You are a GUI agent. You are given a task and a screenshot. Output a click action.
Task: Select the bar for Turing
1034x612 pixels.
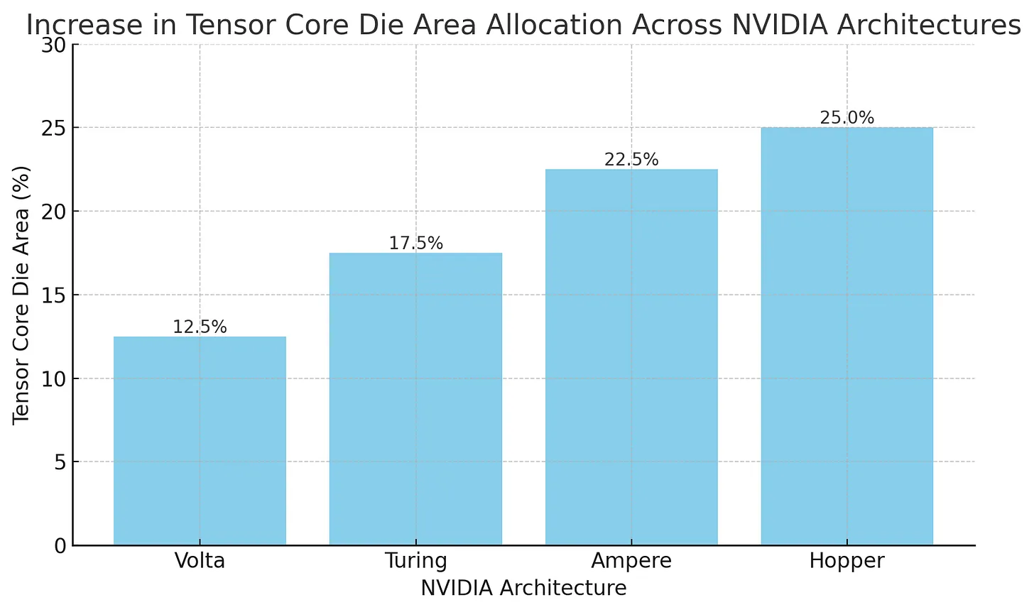[415, 399]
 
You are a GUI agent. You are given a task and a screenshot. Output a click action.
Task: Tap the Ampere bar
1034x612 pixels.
[631, 357]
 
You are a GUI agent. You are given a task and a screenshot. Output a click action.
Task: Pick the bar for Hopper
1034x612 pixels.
[847, 337]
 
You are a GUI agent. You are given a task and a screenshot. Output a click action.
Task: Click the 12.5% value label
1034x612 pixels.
[200, 327]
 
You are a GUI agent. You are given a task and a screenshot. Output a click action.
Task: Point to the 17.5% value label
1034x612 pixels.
[415, 244]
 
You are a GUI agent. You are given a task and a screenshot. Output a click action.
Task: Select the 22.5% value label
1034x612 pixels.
[631, 160]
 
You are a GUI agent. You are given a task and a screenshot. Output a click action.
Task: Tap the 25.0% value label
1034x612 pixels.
[847, 118]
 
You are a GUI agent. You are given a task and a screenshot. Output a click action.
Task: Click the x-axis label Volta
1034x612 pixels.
[200, 561]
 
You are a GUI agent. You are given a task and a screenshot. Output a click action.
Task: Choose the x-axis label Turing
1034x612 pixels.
[415, 561]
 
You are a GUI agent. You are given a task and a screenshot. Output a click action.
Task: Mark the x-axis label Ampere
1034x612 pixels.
[631, 561]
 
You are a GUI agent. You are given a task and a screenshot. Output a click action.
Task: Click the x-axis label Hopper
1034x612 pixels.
[847, 561]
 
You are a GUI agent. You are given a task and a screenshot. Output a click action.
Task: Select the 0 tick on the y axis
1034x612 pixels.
[60, 546]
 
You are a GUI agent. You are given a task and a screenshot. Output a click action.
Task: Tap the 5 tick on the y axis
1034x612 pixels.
[60, 462]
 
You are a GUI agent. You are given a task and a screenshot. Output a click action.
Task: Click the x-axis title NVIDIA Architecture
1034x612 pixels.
[523, 589]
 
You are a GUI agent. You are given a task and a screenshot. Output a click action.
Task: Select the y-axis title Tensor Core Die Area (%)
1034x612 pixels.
[21, 295]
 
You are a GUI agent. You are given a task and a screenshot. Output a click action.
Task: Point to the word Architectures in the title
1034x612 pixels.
[928, 26]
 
